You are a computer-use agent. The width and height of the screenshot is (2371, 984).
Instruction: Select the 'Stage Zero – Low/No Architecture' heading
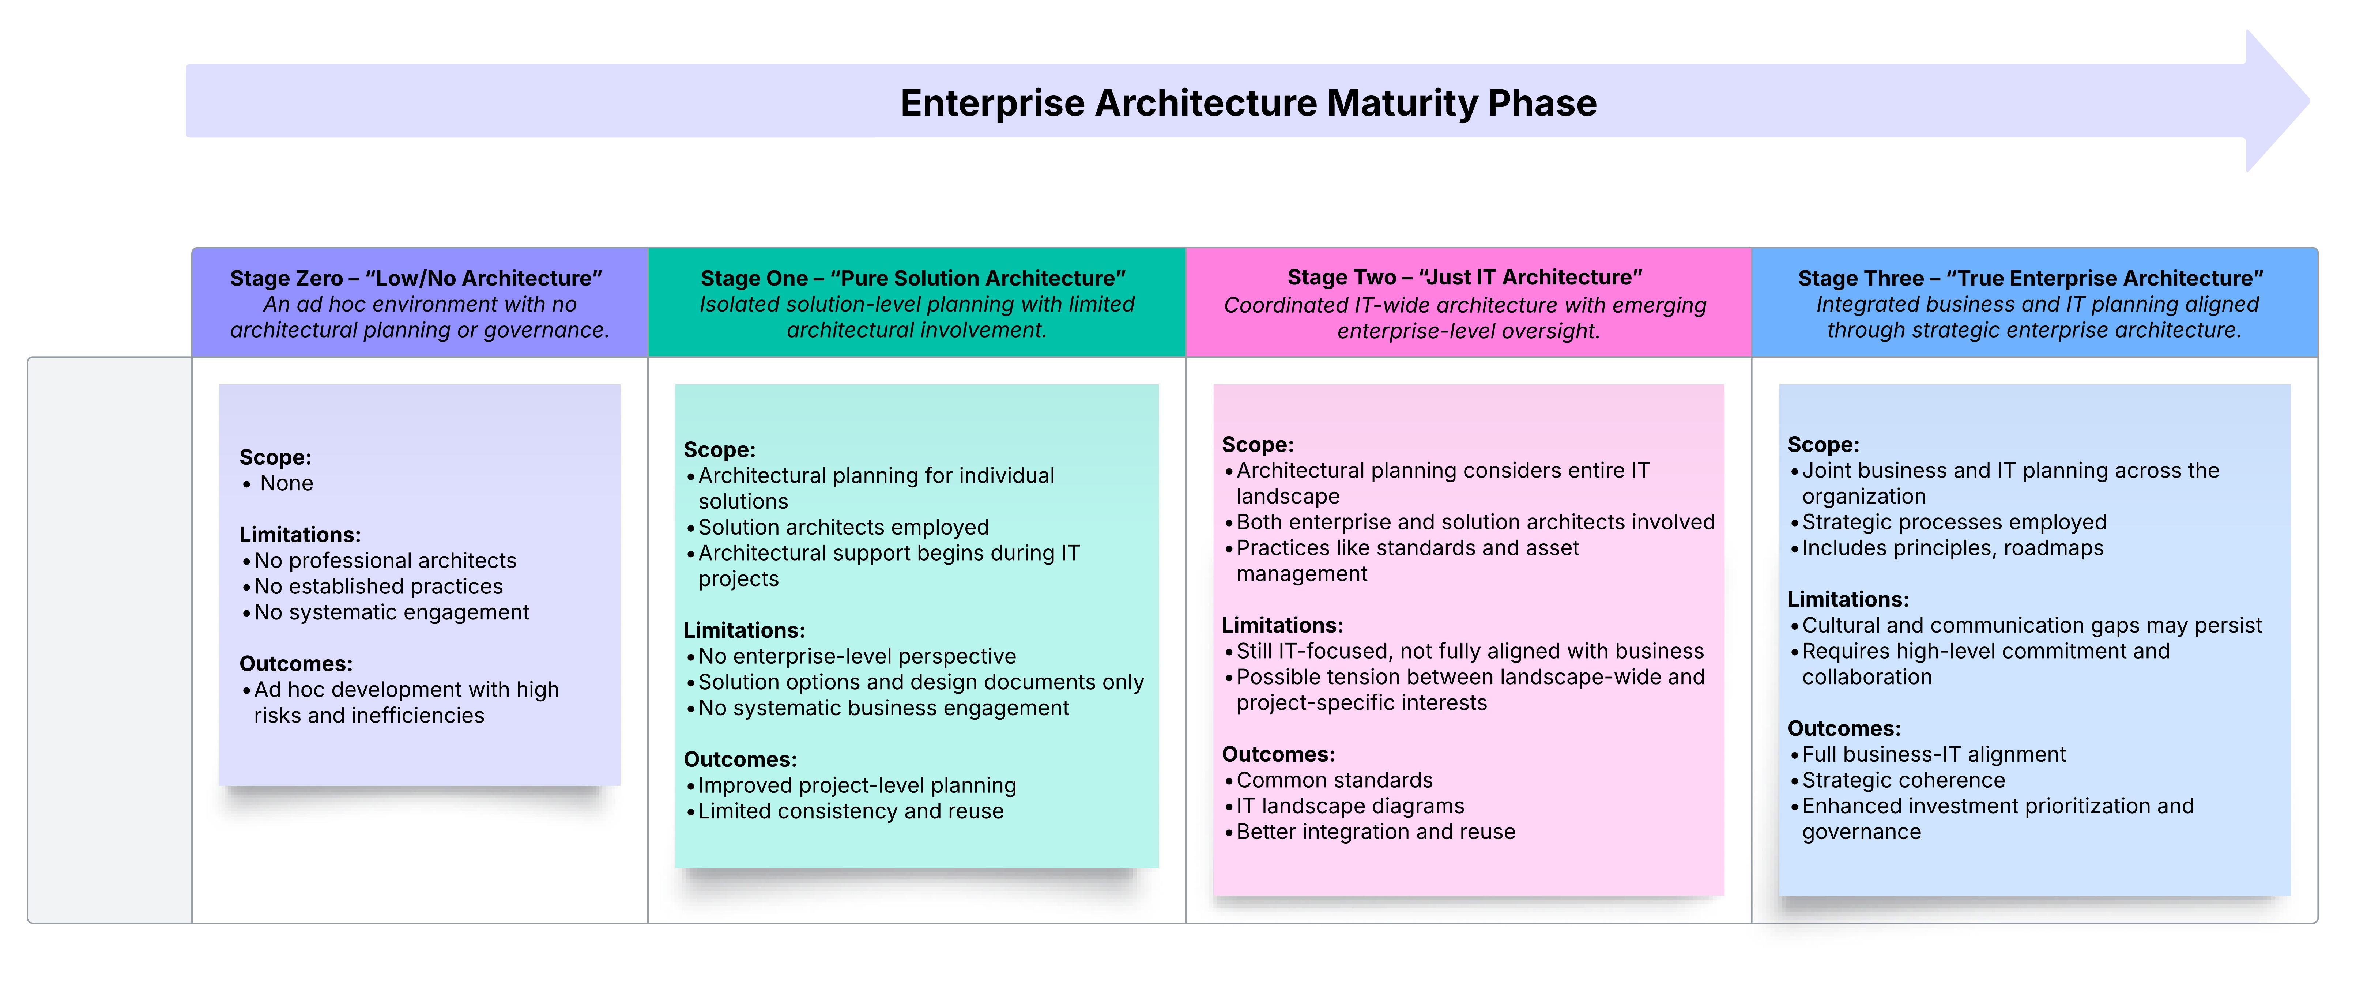tap(416, 278)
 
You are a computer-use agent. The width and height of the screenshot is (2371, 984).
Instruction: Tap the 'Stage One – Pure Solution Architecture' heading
tap(913, 278)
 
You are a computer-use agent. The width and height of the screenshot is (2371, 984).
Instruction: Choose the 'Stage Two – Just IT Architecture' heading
tap(1465, 277)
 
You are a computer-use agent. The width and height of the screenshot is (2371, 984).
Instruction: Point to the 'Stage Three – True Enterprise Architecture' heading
tap(2031, 278)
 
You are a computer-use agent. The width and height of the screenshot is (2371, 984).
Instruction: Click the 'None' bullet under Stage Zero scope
tap(286, 483)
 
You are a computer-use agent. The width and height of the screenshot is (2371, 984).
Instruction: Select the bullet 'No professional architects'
tap(385, 561)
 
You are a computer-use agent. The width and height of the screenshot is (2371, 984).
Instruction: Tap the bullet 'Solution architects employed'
tap(843, 527)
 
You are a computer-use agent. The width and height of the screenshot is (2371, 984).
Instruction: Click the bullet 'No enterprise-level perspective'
tap(857, 656)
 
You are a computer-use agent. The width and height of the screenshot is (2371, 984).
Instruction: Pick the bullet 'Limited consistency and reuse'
tap(851, 811)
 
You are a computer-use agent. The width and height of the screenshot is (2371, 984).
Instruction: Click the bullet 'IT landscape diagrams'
tap(1349, 806)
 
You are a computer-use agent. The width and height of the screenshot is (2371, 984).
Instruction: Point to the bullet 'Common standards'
tap(1334, 781)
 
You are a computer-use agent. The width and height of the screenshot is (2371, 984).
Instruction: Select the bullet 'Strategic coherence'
tap(1903, 781)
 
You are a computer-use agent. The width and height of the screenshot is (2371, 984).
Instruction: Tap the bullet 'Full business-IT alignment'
tap(1933, 755)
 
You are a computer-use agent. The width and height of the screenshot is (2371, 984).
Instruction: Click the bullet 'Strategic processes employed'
tap(1953, 522)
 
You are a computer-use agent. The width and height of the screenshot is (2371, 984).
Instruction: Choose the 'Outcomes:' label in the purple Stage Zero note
tap(295, 664)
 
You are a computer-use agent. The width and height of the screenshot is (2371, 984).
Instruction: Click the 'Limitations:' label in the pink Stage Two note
tap(1282, 625)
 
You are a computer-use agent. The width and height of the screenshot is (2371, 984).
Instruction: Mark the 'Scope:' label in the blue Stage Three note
tap(1822, 445)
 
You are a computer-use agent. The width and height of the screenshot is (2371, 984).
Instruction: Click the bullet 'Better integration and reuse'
tap(1375, 832)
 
